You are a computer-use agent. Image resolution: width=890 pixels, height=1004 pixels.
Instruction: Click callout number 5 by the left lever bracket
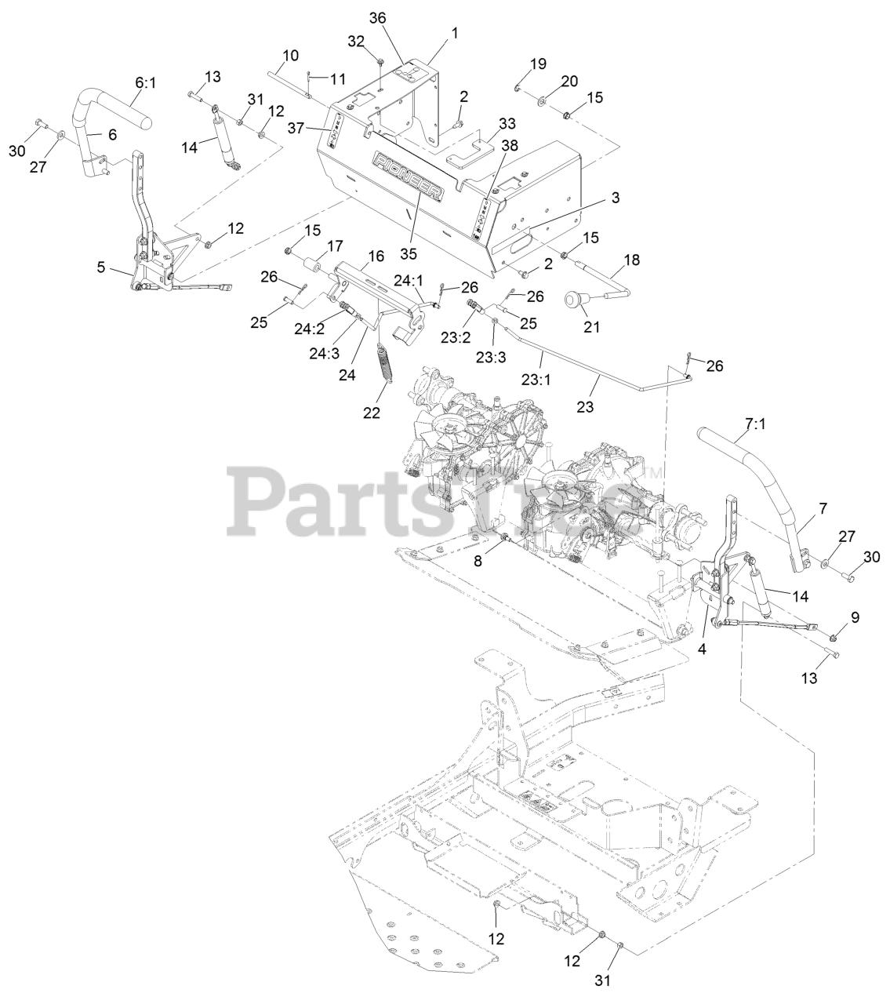pos(100,267)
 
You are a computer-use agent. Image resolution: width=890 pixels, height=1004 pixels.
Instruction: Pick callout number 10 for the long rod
pos(290,56)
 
